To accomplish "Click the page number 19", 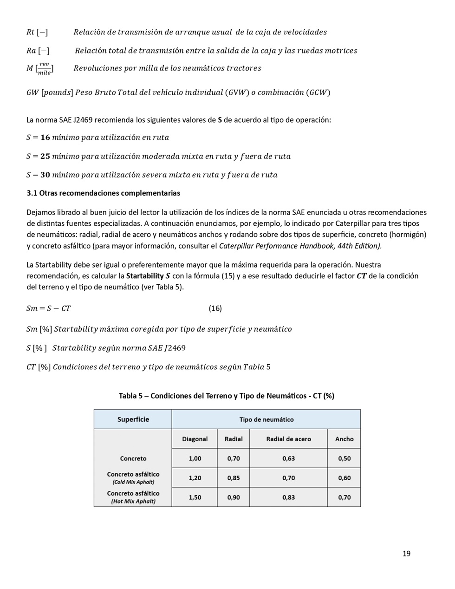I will (x=406, y=553).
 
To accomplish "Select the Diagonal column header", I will (x=195, y=439).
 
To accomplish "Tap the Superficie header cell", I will (x=133, y=419).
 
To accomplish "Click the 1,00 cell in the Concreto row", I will (x=195, y=458).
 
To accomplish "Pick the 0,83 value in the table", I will (x=288, y=497).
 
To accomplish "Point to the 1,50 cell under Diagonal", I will (x=195, y=497).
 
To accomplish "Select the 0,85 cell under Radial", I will (x=234, y=478).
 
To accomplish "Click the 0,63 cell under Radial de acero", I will (x=288, y=458).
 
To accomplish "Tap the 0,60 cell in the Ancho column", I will (x=344, y=478).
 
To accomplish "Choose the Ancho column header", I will (x=344, y=439).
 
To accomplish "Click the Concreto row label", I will (x=133, y=458).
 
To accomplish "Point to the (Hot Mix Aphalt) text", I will (x=133, y=501).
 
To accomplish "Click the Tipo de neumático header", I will (x=266, y=419).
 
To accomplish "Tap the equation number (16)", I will (x=215, y=308).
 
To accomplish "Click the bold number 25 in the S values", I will (x=45, y=156).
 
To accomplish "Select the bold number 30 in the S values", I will (x=45, y=175).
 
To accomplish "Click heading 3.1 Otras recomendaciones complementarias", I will (x=103, y=193).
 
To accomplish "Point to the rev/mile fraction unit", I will (x=44, y=68).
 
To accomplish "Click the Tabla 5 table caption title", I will (x=227, y=396).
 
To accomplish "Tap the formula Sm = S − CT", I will (x=48, y=308).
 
